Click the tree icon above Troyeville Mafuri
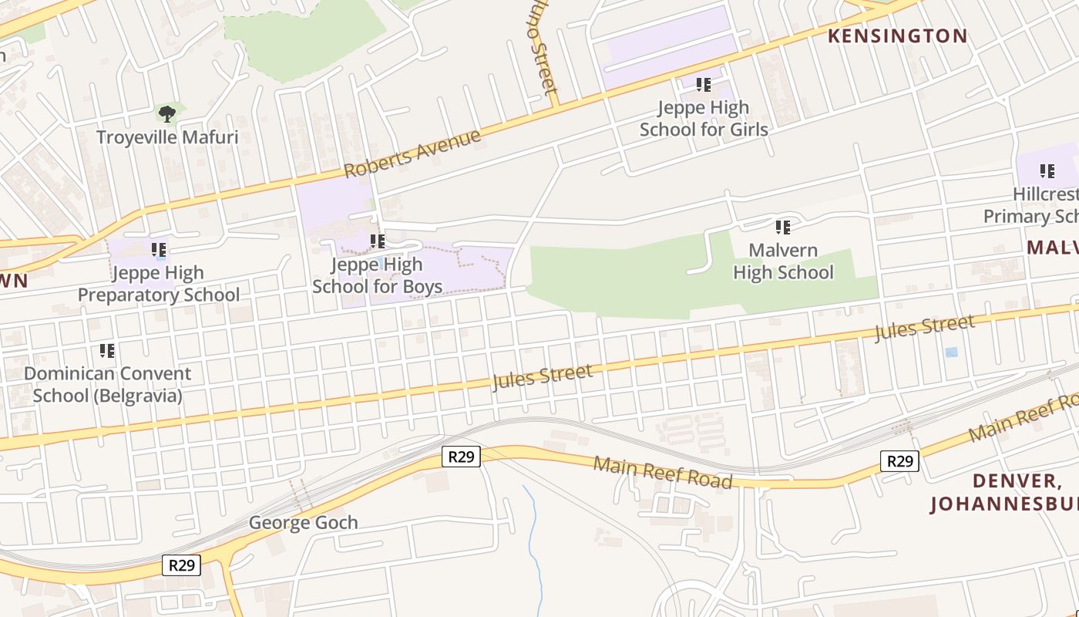click(x=166, y=114)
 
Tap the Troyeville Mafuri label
click(x=167, y=138)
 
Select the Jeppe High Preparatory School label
click(x=159, y=284)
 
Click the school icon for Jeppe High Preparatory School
click(x=160, y=249)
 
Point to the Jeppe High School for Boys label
click(x=378, y=275)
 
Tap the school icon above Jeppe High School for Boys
click(x=378, y=241)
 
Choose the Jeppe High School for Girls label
click(x=704, y=118)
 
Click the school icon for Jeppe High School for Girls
click(x=704, y=84)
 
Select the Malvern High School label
click(x=783, y=261)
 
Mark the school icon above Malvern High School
click(x=783, y=227)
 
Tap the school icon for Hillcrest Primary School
click(x=1047, y=170)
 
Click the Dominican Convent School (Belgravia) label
click(x=108, y=384)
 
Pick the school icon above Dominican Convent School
click(x=107, y=351)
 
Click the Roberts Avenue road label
click(x=412, y=153)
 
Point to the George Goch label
click(x=303, y=523)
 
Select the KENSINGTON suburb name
click(x=897, y=35)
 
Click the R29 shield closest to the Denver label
click(x=899, y=461)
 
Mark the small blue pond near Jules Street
click(x=952, y=352)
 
